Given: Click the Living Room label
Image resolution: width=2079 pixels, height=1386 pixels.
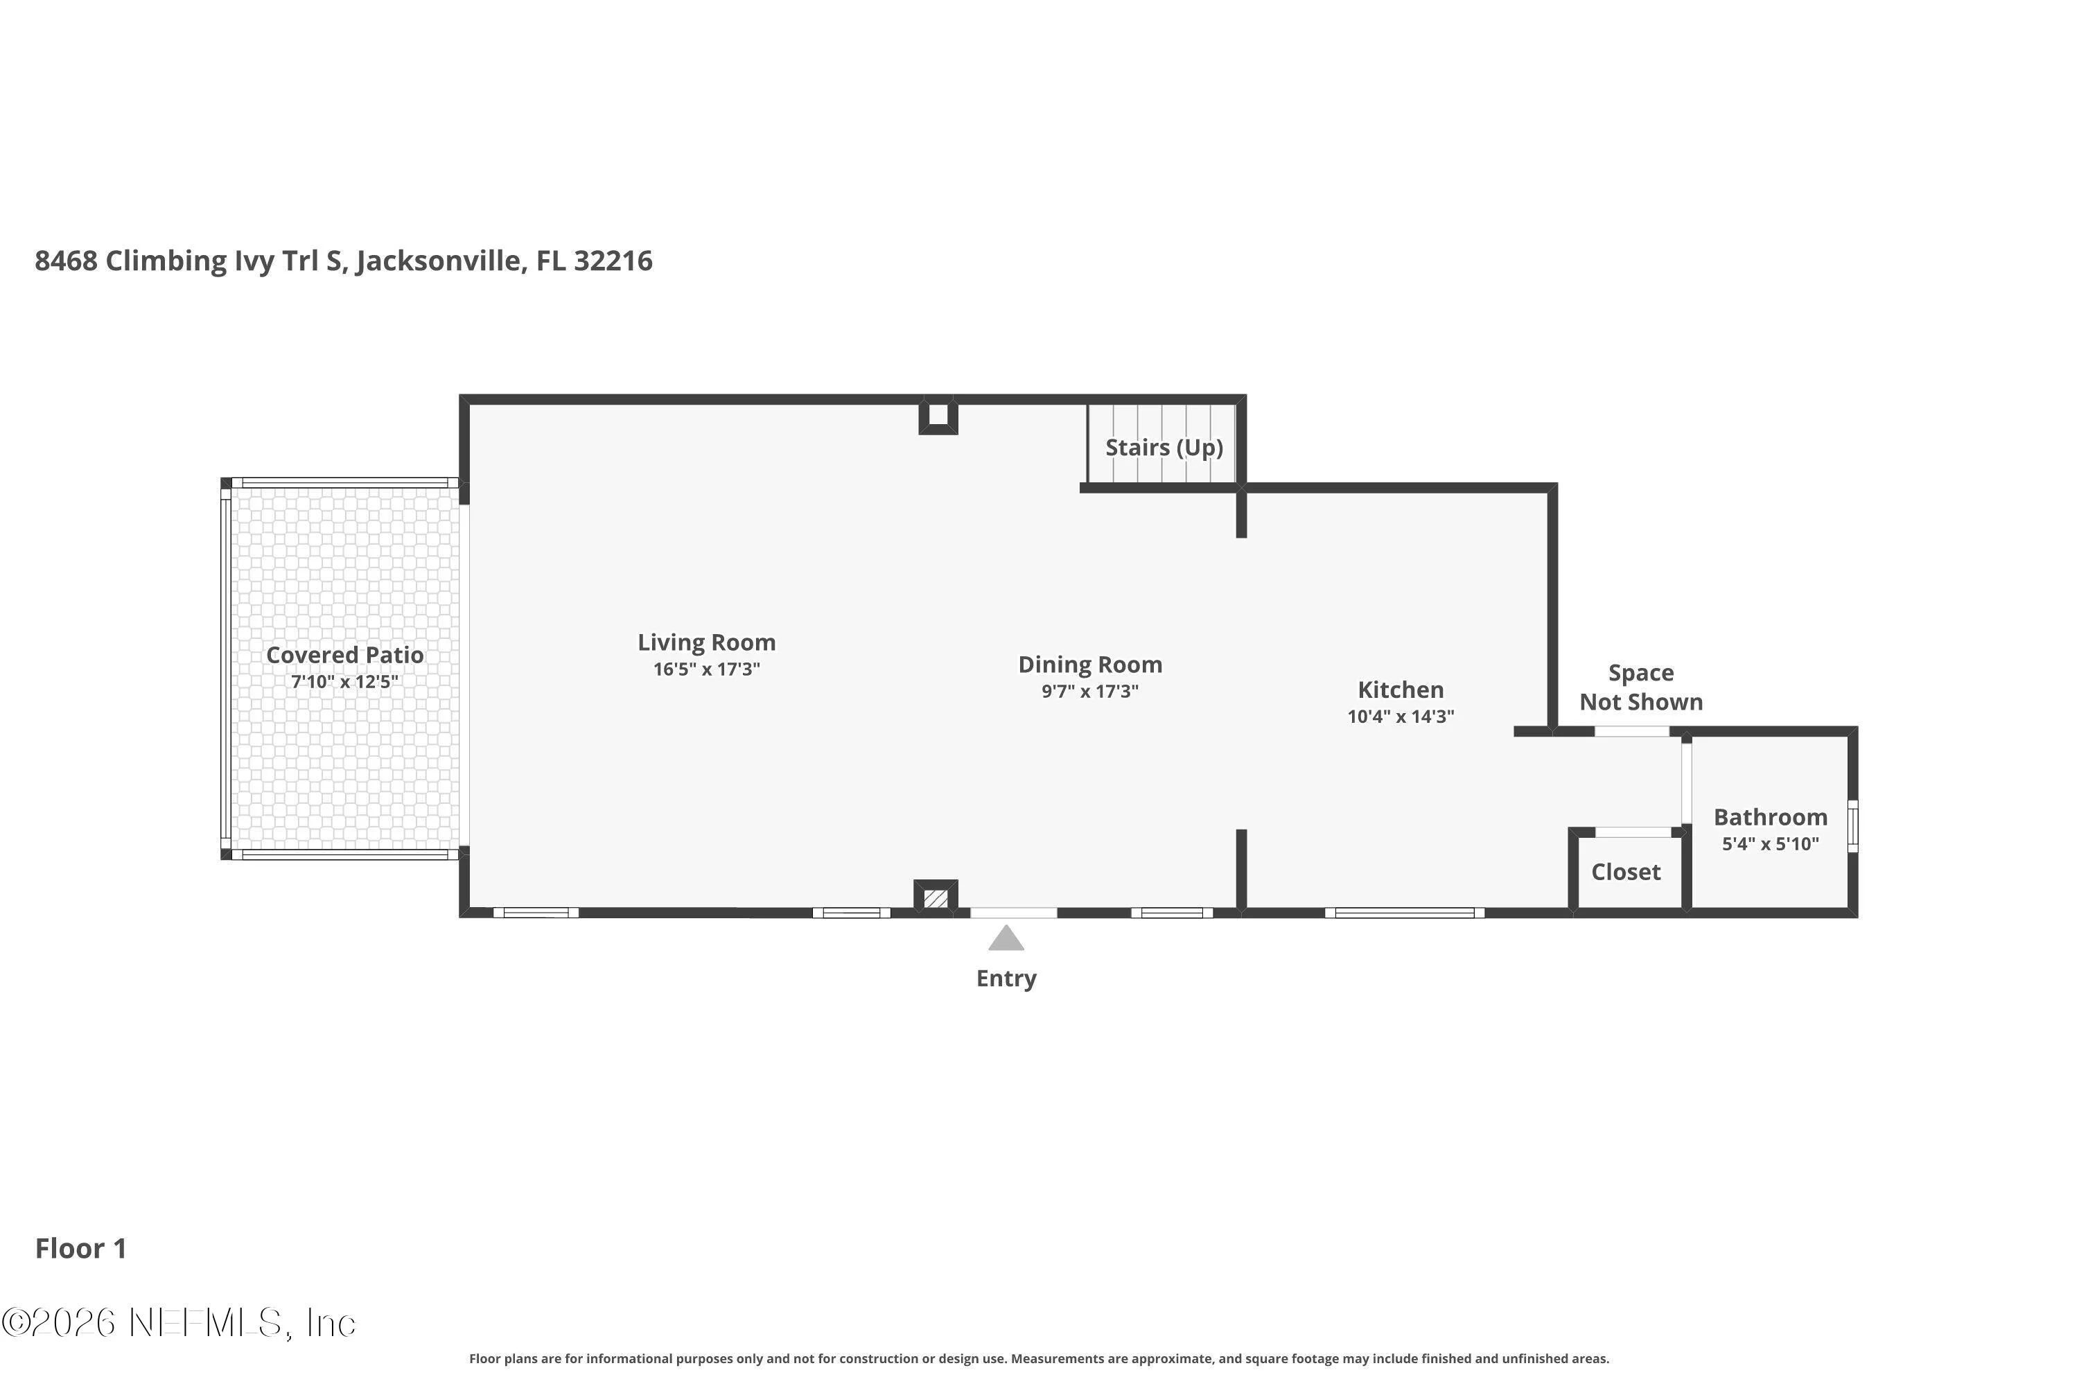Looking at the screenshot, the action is tap(706, 642).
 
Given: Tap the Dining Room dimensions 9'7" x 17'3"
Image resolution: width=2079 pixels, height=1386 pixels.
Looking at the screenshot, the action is tap(1090, 691).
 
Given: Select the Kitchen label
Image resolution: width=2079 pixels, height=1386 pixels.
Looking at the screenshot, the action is tap(1401, 690).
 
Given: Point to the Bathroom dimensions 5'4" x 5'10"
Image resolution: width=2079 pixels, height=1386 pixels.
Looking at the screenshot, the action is tap(1771, 844).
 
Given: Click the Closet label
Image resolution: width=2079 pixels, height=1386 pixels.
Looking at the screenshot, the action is tap(1626, 872).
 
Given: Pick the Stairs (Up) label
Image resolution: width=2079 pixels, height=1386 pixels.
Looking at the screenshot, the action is tap(1164, 447).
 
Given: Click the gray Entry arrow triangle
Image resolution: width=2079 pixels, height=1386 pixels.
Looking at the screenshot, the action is tap(1006, 939).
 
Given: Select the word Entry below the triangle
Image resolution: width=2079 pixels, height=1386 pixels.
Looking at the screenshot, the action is tap(1006, 979).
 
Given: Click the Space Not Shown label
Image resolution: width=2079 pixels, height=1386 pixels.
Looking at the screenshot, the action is tap(1642, 687).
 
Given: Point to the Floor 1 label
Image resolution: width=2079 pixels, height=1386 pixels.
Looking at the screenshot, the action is tap(81, 1249).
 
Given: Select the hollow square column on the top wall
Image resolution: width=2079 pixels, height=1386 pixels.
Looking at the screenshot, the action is tap(938, 415).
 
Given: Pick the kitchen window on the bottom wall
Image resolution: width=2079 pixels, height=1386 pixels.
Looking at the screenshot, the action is tap(1405, 913).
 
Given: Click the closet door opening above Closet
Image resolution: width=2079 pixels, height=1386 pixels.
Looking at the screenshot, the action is tap(1633, 832).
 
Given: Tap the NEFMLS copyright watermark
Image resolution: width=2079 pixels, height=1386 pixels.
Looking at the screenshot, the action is tap(179, 1323).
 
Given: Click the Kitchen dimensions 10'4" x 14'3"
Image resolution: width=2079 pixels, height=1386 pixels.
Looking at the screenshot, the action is tap(1401, 717).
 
